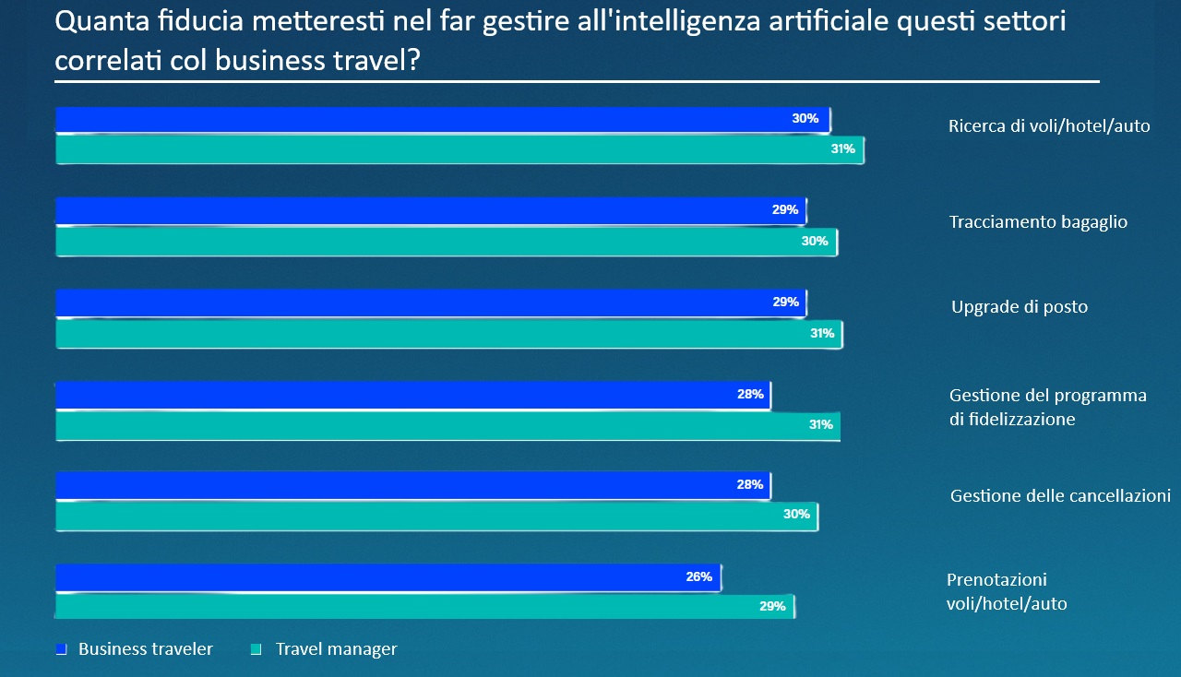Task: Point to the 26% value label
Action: coord(698,577)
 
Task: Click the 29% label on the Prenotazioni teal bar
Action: coord(772,607)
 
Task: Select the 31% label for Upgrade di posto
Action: coord(822,334)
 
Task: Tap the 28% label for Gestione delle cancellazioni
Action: coord(749,485)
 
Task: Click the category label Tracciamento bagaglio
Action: coord(1038,222)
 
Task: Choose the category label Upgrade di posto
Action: coord(1020,307)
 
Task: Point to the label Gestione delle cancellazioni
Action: coord(1060,496)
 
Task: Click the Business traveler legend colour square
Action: coord(62,649)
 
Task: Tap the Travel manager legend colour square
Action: coord(256,649)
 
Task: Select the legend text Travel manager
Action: coord(336,649)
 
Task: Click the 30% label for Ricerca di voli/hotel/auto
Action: coord(805,119)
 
